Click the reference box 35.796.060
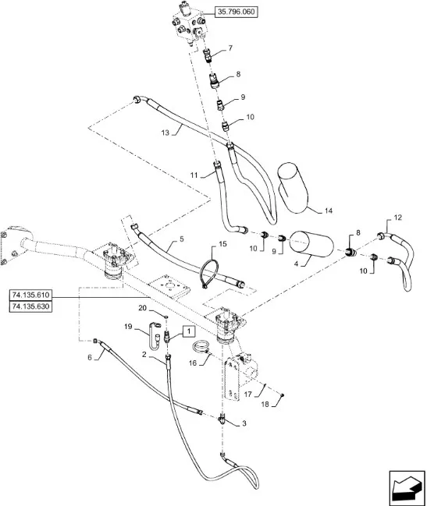[x=236, y=12]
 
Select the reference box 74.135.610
[x=30, y=295]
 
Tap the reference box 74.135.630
[x=30, y=306]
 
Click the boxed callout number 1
[x=189, y=331]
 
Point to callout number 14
[x=328, y=211]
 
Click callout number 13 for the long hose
[x=165, y=133]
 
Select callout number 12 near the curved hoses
[x=398, y=218]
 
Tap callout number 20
[x=142, y=308]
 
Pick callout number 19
[x=128, y=326]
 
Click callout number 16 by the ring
[x=193, y=363]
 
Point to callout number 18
[x=265, y=405]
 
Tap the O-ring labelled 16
[x=201, y=347]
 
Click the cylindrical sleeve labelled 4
[x=311, y=244]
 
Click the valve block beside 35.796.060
[x=188, y=23]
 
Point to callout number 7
[x=230, y=48]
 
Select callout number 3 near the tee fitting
[x=244, y=423]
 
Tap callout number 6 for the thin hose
[x=90, y=357]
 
